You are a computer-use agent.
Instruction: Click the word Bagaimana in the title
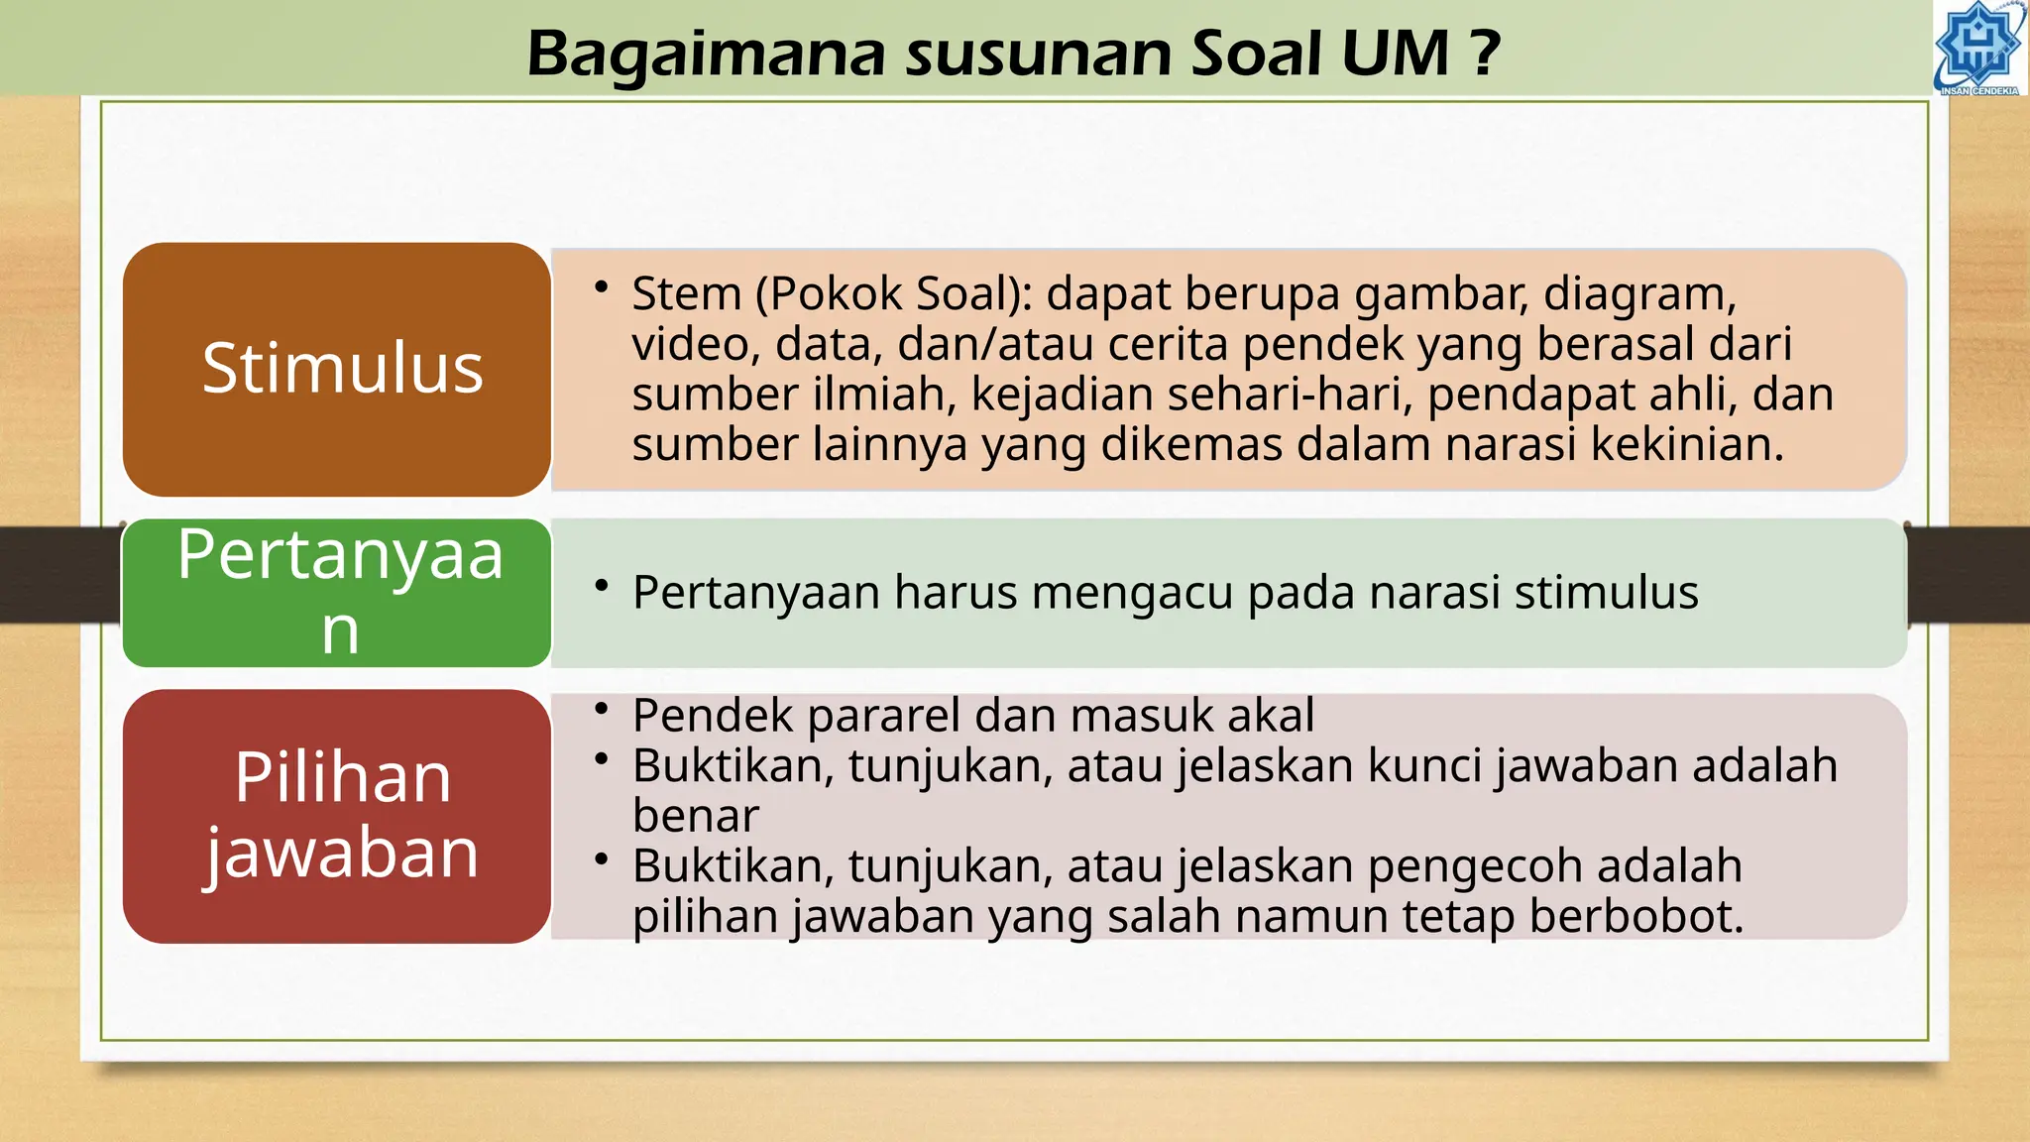(705, 54)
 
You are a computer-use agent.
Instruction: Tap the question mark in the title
(1484, 54)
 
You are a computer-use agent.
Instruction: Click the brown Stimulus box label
(342, 369)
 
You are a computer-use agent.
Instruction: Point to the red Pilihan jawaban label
(342, 815)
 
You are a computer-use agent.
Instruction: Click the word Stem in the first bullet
(686, 294)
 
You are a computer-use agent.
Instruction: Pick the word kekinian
(1687, 444)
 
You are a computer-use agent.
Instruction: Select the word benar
(695, 816)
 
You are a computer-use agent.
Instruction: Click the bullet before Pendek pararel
(601, 709)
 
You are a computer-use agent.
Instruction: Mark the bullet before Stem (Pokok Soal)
(601, 287)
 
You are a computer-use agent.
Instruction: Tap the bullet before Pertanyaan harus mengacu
(601, 586)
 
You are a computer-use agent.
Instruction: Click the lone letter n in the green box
(340, 630)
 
